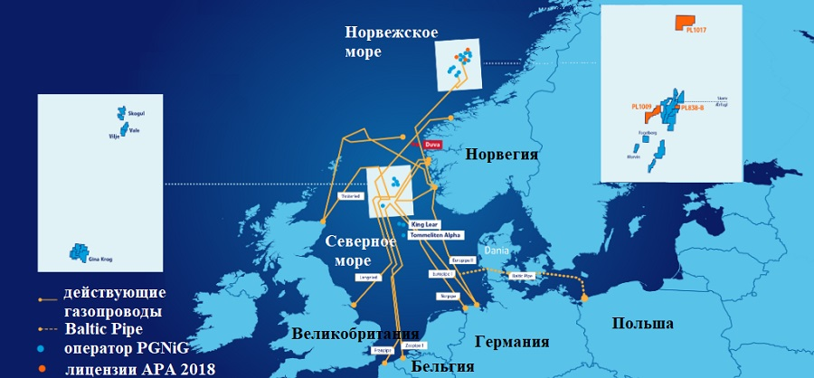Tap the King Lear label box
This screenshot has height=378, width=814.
coord(423,223)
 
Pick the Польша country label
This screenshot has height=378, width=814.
coord(642,323)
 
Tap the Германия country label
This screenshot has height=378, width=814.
coord(512,342)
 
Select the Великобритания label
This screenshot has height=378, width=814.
coord(355,333)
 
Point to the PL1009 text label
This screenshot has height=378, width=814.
coord(642,107)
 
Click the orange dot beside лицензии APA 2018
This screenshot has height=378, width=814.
coord(43,368)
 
